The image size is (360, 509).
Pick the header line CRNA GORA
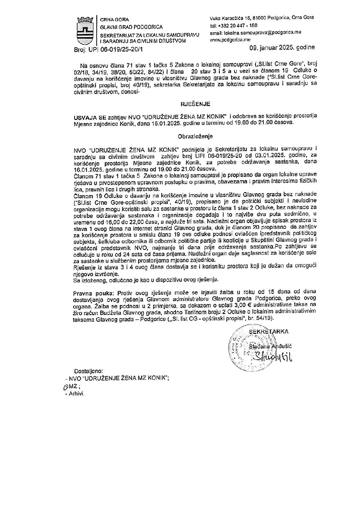pyautogui.click(x=112, y=20)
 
